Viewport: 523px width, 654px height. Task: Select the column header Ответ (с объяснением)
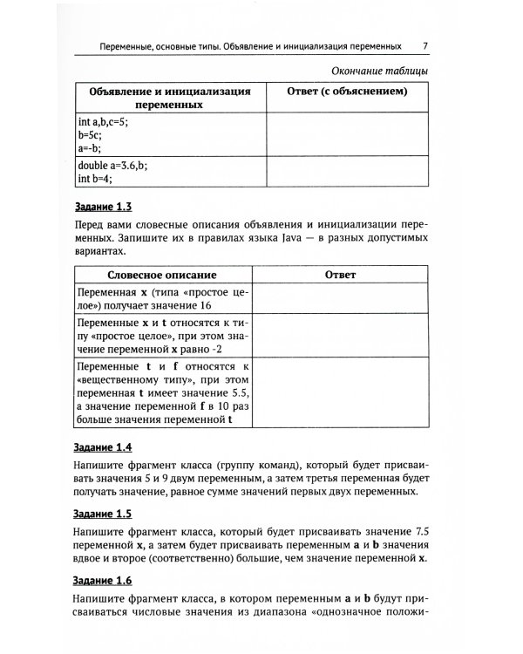coord(348,91)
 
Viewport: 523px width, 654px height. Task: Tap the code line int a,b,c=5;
coord(103,122)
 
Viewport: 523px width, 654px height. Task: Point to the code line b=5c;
coord(90,135)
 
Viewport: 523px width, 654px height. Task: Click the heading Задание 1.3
coord(100,208)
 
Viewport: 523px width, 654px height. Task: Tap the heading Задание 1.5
coord(100,514)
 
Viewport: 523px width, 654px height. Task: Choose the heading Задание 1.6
coord(100,579)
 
